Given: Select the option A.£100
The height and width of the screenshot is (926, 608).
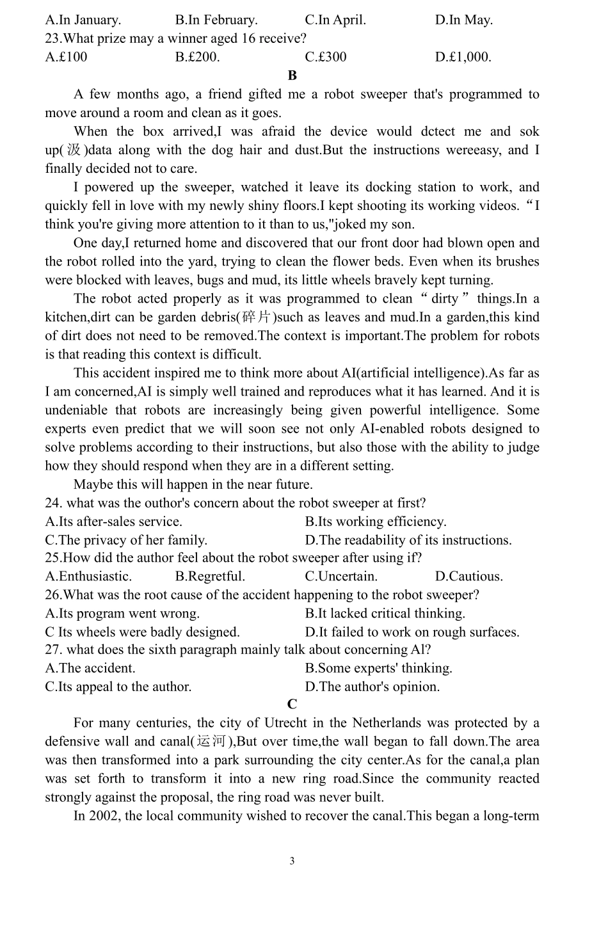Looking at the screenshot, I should [x=66, y=57].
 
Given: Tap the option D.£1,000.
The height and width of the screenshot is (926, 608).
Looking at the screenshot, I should [x=463, y=57].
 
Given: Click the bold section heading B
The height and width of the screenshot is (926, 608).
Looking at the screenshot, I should [x=292, y=76].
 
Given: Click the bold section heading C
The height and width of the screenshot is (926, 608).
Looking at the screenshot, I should [x=292, y=705].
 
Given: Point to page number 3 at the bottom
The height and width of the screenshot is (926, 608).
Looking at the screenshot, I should [x=292, y=861].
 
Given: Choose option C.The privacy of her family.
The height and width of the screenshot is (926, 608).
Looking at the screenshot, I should [x=126, y=540].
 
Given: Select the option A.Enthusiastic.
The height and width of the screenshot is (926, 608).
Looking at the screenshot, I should [x=88, y=577].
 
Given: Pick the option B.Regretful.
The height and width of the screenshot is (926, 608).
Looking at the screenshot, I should [x=210, y=577].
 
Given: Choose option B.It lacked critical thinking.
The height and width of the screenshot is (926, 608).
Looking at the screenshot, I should [x=385, y=614].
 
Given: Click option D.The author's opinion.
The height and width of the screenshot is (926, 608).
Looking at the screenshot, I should [x=372, y=687].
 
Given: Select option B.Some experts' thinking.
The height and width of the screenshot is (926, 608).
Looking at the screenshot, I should [x=379, y=669].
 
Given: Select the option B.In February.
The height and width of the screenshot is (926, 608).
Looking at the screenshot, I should [x=216, y=20].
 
